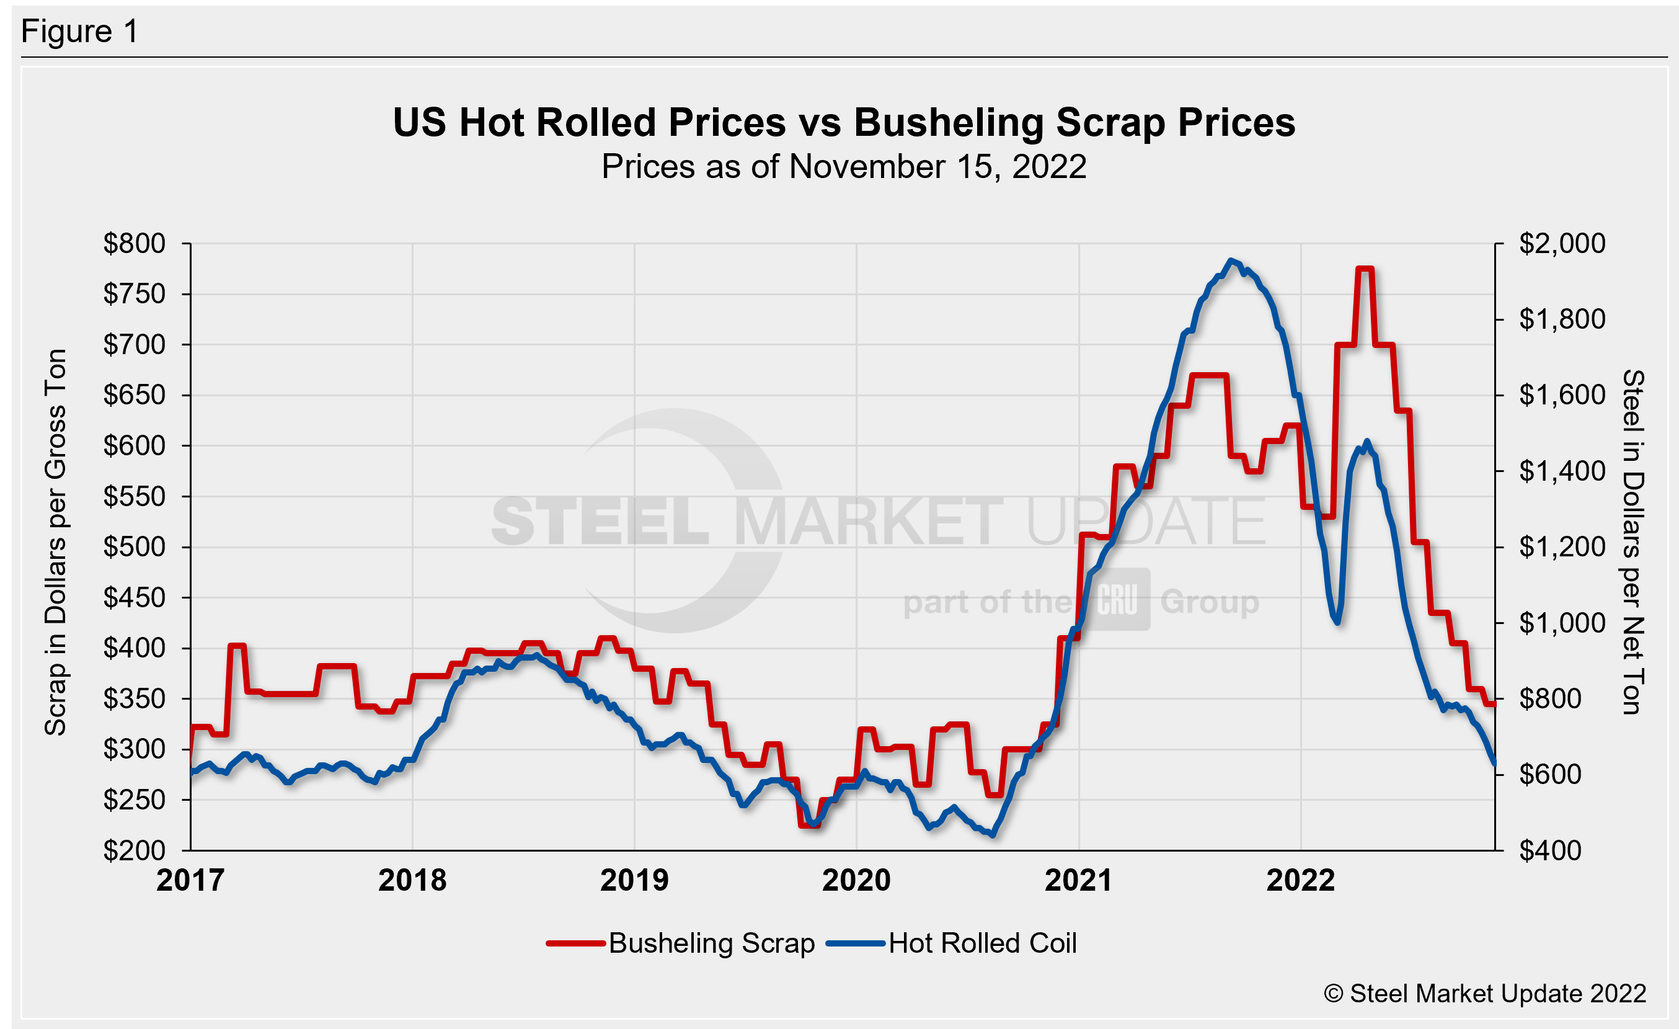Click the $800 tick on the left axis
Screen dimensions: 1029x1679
pyautogui.click(x=135, y=243)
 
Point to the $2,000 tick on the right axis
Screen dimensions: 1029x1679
pyautogui.click(x=1562, y=243)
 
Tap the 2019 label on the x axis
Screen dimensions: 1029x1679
pyautogui.click(x=634, y=880)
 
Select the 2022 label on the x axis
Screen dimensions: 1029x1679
pyautogui.click(x=1300, y=880)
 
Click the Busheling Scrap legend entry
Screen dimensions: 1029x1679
pyautogui.click(x=681, y=943)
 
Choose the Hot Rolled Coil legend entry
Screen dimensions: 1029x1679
pyautogui.click(x=952, y=943)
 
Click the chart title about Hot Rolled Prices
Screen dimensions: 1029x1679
pyautogui.click(x=844, y=123)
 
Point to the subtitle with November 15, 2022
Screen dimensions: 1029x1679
pyautogui.click(x=844, y=167)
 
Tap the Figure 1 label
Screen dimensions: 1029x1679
pyautogui.click(x=80, y=32)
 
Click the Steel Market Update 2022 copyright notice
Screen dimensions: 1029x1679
pyautogui.click(x=1485, y=994)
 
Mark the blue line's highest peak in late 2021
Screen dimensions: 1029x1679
pyautogui.click(x=1231, y=260)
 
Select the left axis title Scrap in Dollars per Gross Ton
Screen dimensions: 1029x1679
pyautogui.click(x=55, y=541)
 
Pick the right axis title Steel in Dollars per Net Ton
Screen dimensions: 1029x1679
pyautogui.click(x=1632, y=541)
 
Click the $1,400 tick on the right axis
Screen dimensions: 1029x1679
pyautogui.click(x=1562, y=471)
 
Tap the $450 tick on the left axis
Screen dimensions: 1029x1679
pyautogui.click(x=135, y=598)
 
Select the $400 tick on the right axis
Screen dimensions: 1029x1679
pyautogui.click(x=1549, y=850)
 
